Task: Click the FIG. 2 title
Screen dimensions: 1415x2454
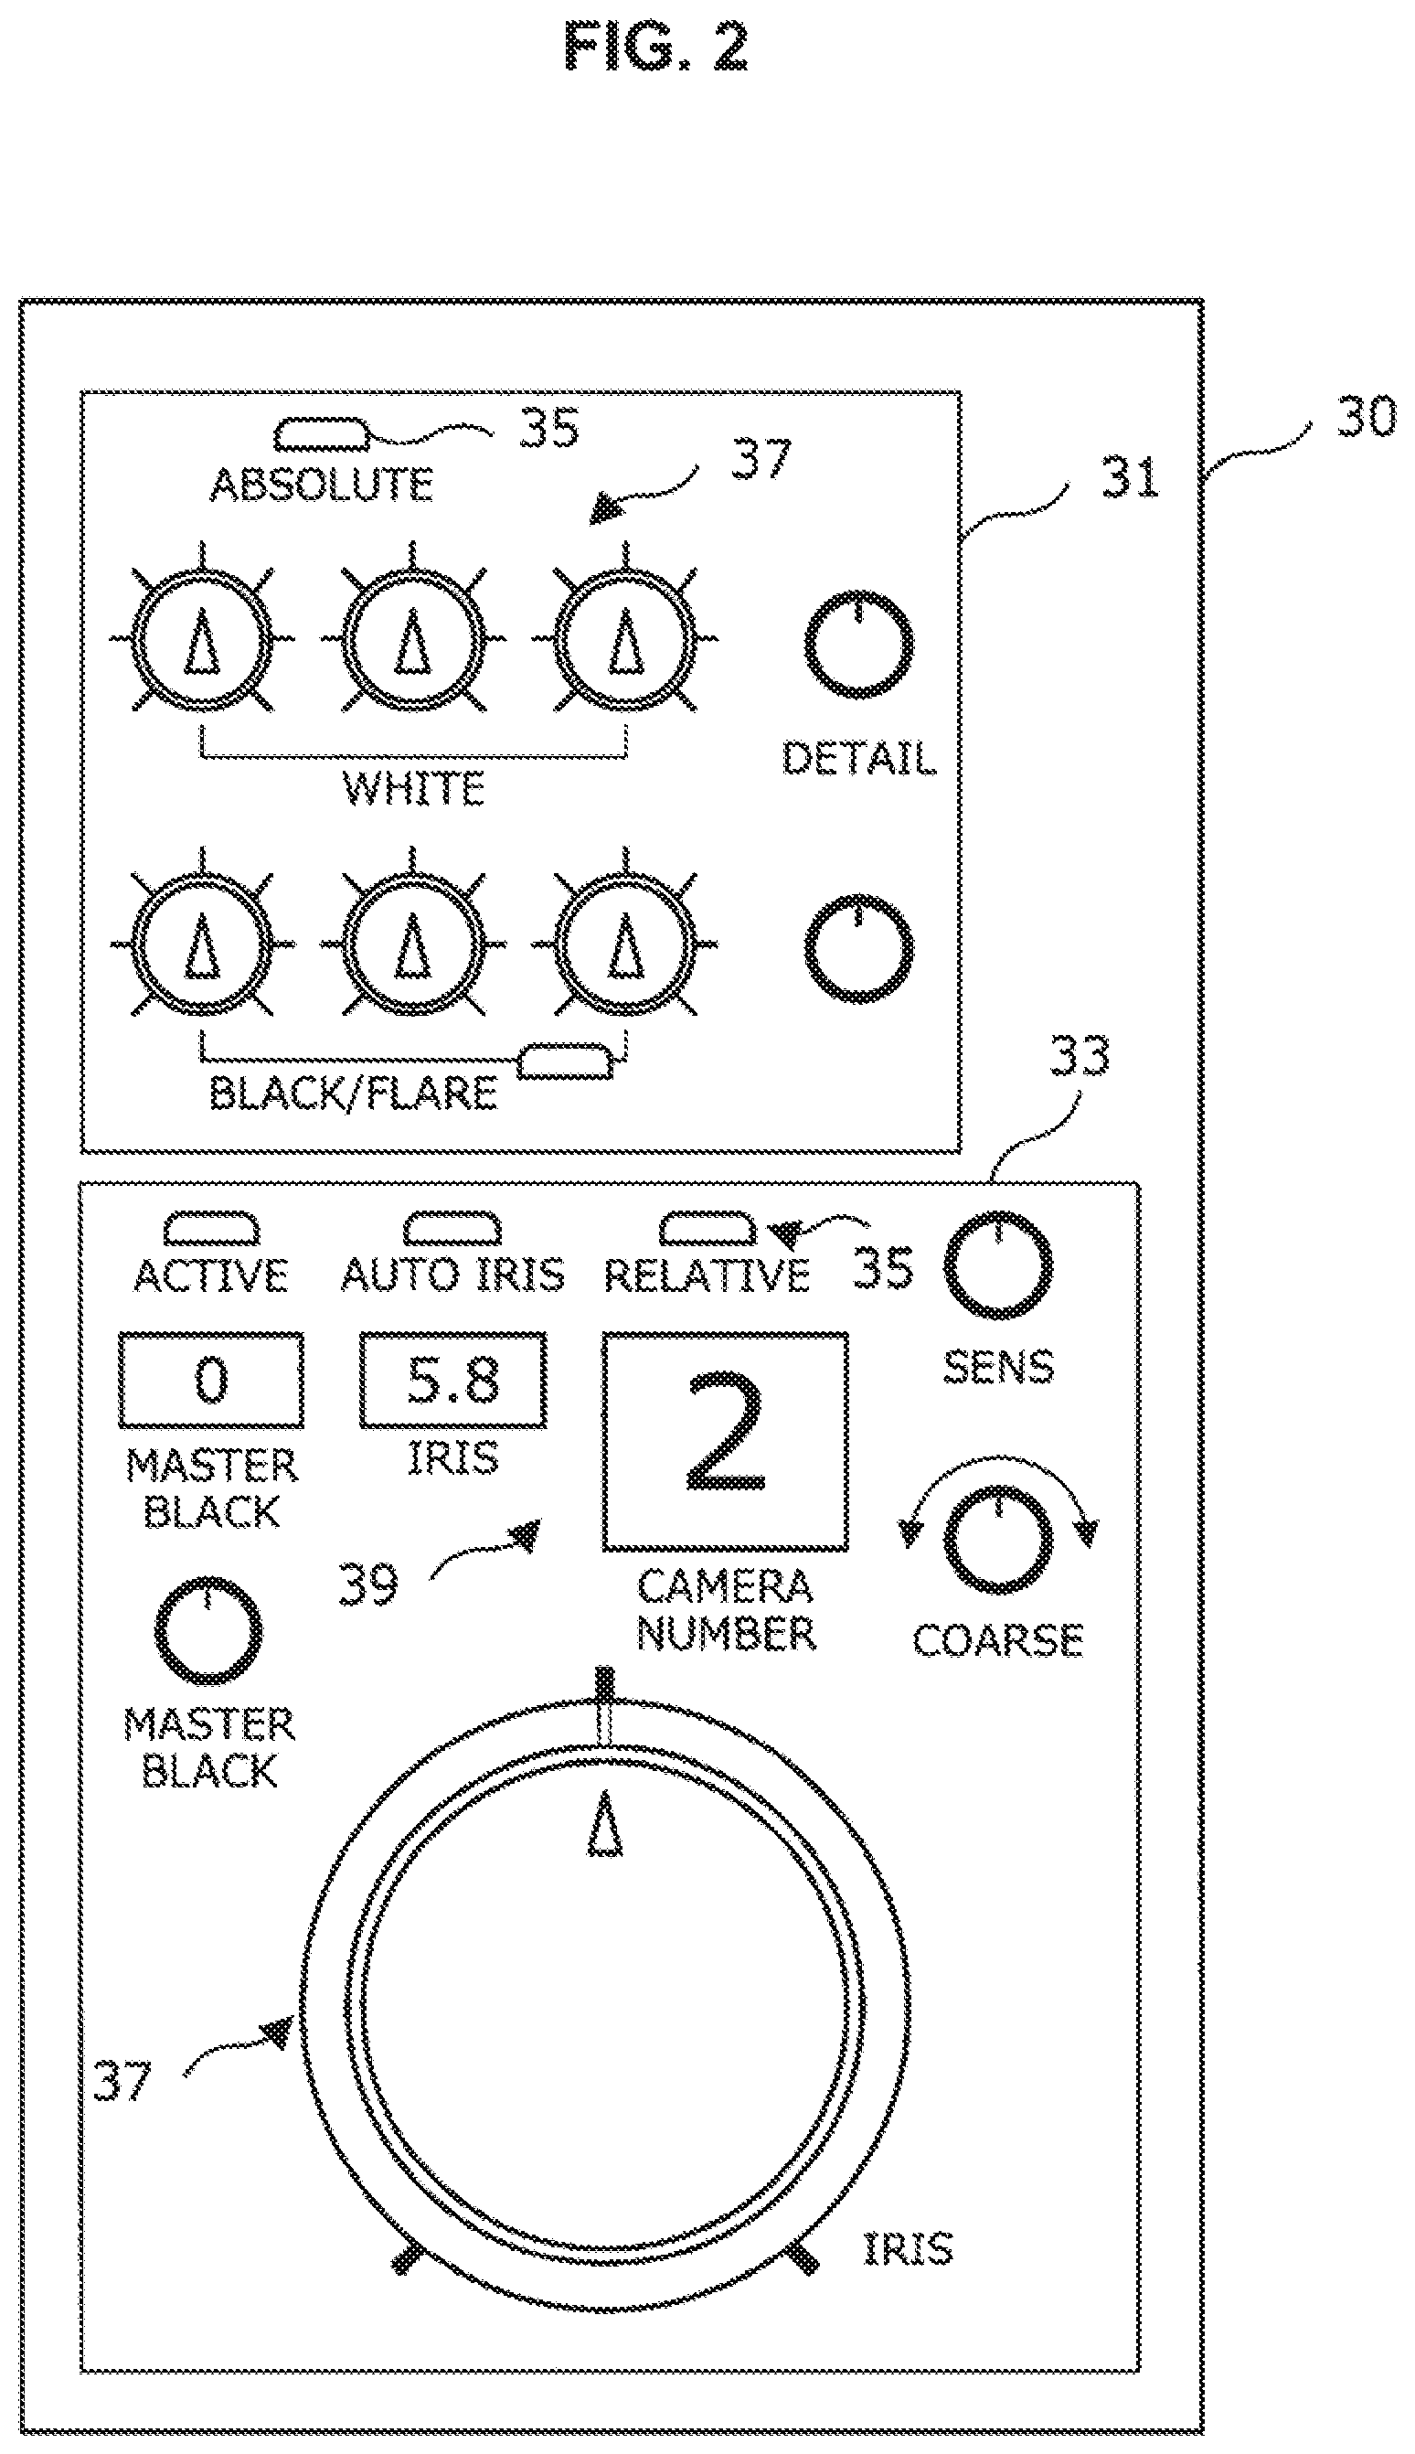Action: (x=656, y=48)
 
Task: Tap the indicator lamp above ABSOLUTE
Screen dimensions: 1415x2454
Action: (x=321, y=435)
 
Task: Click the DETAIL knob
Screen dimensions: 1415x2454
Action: (x=859, y=643)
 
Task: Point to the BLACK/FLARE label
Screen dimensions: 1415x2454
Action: (x=354, y=1094)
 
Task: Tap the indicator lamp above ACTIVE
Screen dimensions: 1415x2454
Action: (x=211, y=1229)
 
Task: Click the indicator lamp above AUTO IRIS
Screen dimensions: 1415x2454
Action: (x=452, y=1229)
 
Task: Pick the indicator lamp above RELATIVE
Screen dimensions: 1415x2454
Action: (x=707, y=1229)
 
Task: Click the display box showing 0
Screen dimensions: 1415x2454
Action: (x=211, y=1380)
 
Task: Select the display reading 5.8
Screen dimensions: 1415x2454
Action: (x=452, y=1380)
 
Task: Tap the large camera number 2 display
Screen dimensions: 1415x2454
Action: (x=725, y=1441)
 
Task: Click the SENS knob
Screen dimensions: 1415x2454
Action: (x=998, y=1265)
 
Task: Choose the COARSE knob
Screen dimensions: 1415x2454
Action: (x=998, y=1542)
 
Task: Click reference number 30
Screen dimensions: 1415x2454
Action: (x=1366, y=417)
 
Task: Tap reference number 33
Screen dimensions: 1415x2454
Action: (x=1079, y=1056)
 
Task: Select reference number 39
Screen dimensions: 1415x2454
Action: (x=368, y=1584)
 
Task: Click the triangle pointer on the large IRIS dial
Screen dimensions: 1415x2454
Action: (x=604, y=1823)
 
